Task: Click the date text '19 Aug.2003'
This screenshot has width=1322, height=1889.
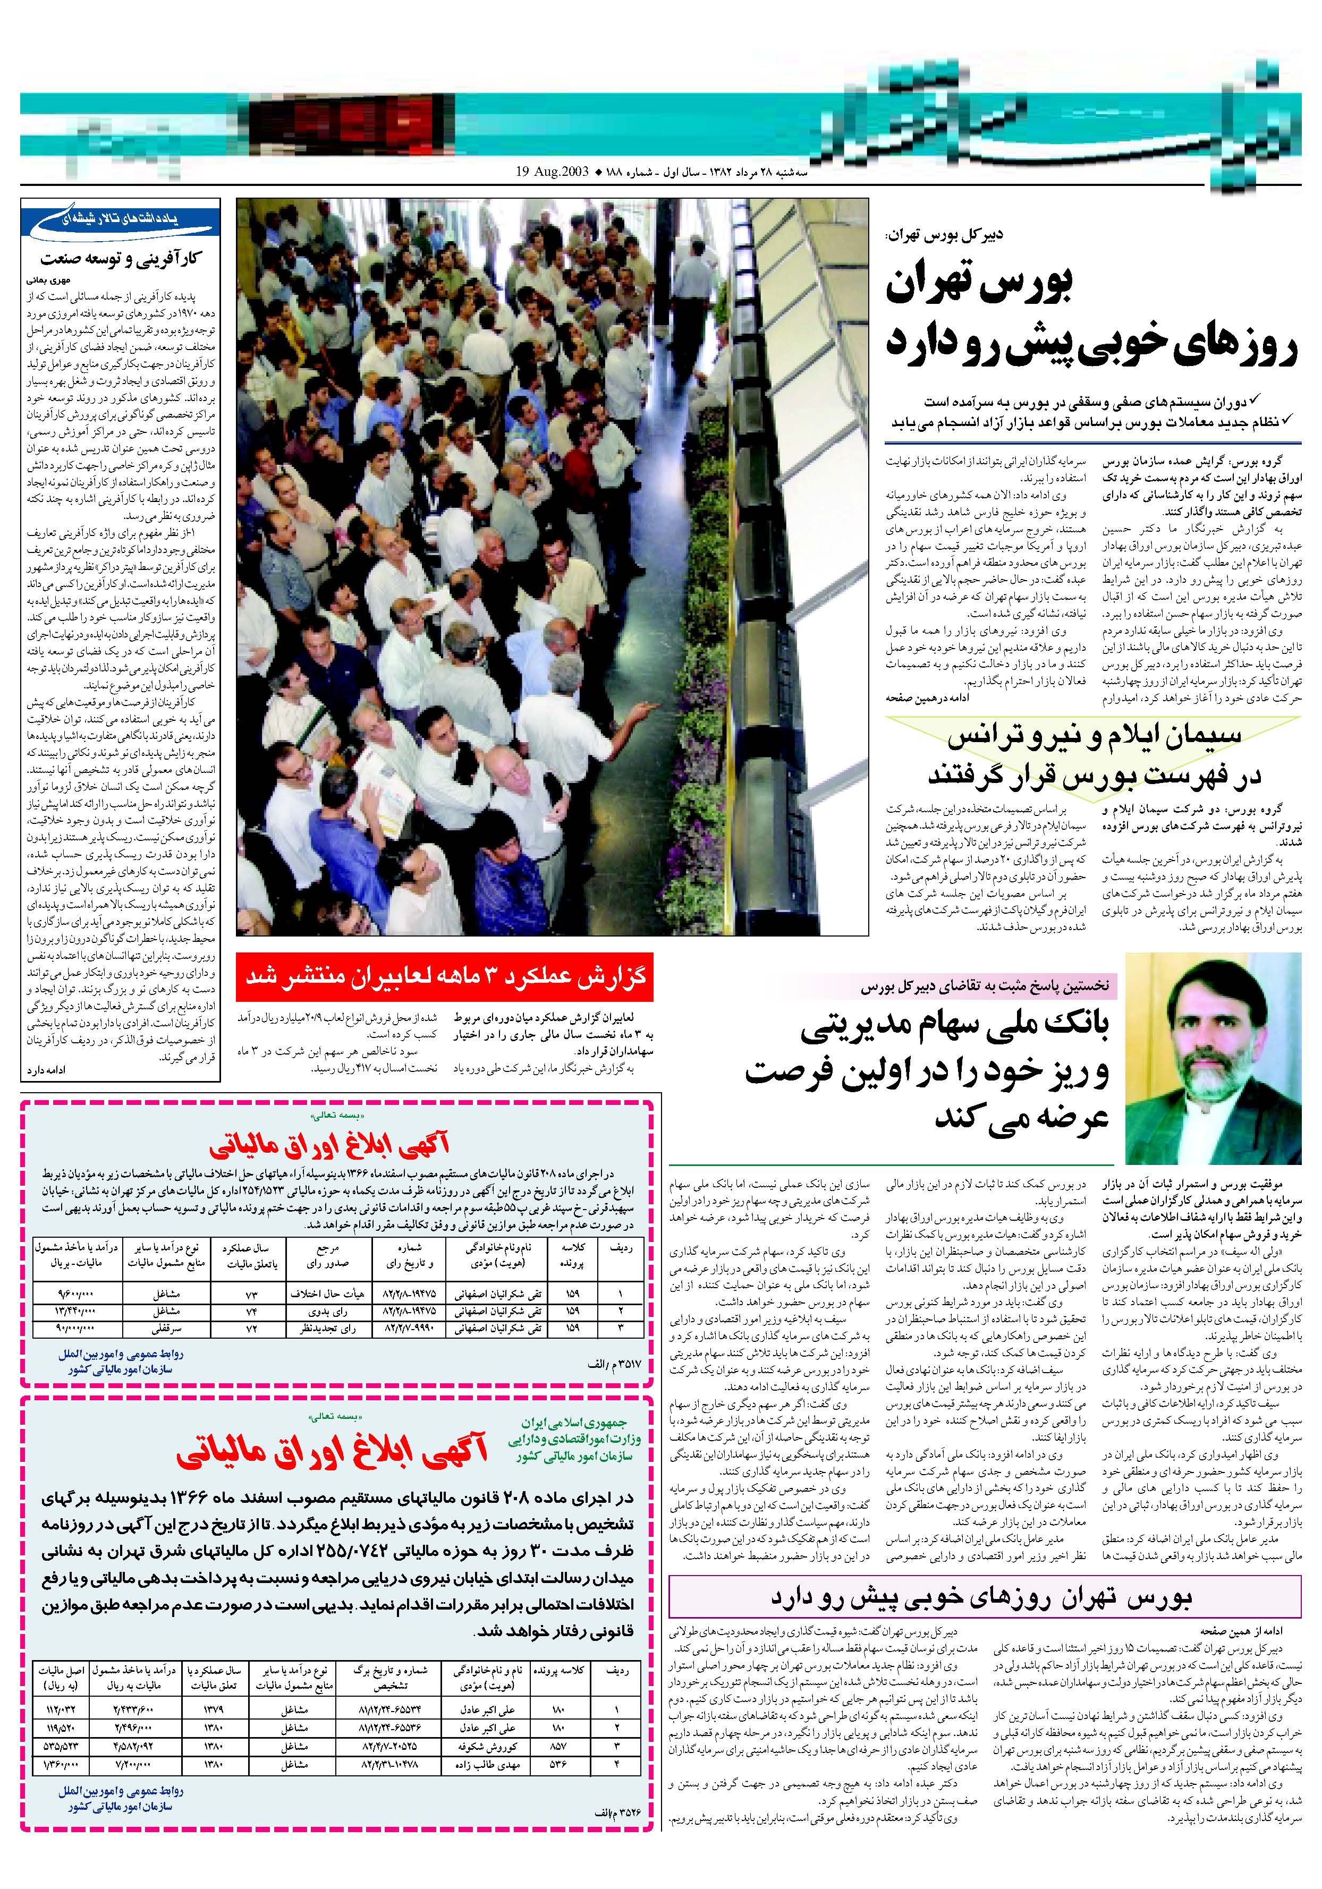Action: pos(553,173)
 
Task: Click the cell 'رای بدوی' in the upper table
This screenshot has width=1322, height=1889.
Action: pos(328,1311)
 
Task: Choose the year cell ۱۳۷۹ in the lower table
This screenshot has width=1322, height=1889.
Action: pos(214,1709)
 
